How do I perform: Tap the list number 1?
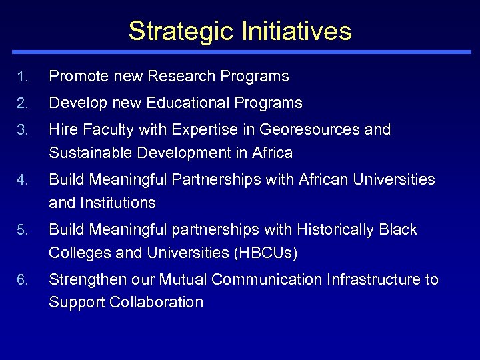click(22, 77)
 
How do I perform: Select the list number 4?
click(22, 181)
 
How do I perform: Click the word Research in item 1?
click(177, 77)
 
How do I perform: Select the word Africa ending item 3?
click(272, 153)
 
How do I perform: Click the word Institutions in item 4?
click(119, 203)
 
